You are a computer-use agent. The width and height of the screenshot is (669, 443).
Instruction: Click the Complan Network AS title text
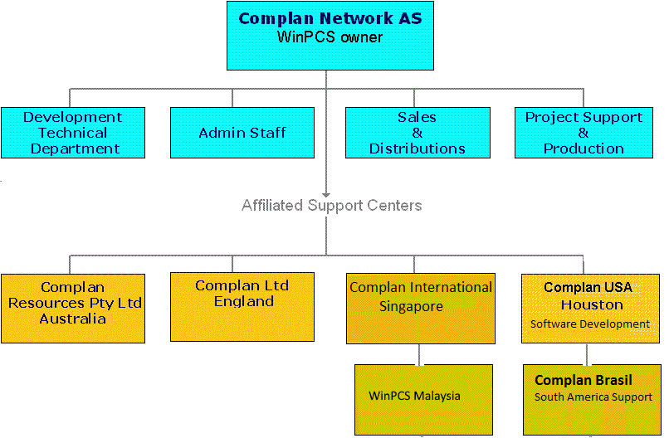point(330,18)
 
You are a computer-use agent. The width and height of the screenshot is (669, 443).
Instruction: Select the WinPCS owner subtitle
point(330,37)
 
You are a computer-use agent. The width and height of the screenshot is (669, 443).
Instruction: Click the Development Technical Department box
point(73,133)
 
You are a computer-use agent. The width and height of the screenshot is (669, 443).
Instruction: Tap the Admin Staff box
point(242,133)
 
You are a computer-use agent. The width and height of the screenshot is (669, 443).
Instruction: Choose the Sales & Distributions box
point(418,133)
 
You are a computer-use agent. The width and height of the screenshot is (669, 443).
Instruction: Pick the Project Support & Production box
point(584,133)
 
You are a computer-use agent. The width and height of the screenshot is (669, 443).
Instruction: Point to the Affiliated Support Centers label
point(331,206)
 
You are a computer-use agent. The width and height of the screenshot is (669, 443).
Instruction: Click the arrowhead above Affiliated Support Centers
point(326,195)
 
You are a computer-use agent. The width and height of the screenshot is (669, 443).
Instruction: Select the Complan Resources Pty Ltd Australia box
point(73,309)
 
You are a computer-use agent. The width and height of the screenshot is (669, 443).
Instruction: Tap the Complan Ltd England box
point(242,307)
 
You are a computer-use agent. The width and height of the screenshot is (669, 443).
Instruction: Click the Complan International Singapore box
point(421,309)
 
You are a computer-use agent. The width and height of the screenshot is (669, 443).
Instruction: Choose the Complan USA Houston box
point(590,309)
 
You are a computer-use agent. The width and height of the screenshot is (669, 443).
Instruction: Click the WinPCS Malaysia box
point(423,400)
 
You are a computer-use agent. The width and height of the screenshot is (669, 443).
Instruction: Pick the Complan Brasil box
point(592,400)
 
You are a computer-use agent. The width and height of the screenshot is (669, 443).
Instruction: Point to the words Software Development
point(590,324)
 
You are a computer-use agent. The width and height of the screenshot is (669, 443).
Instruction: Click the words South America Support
point(593,397)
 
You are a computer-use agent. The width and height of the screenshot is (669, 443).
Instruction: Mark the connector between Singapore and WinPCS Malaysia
point(419,354)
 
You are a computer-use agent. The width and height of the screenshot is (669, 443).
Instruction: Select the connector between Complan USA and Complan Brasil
point(587,354)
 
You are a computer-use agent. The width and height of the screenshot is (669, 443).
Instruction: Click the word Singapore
point(412,307)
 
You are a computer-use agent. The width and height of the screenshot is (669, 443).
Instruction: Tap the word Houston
point(592,304)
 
